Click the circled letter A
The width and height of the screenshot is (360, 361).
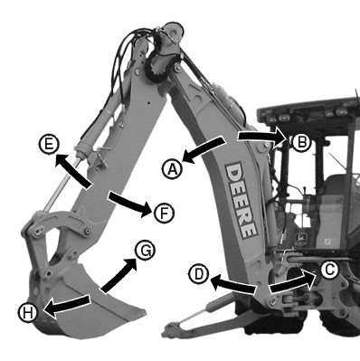[x=173, y=169]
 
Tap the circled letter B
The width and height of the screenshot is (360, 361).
[x=301, y=142]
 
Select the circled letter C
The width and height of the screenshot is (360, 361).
[x=328, y=271]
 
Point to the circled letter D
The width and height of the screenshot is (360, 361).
[x=199, y=274]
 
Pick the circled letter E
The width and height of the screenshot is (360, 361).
[x=49, y=144]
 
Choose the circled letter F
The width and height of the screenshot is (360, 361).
[x=164, y=213]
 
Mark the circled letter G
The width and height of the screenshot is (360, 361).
[x=145, y=251]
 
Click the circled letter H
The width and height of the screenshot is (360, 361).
[x=28, y=313]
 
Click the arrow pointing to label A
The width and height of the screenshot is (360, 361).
[x=204, y=149]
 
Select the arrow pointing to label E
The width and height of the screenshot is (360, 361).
[x=73, y=171]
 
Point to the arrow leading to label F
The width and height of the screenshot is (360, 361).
[x=129, y=204]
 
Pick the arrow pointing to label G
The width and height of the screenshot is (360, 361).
[x=118, y=275]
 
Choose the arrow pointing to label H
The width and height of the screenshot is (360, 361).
[x=67, y=305]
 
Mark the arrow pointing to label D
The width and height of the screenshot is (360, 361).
[x=232, y=285]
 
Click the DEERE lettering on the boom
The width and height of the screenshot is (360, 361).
[x=242, y=200]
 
